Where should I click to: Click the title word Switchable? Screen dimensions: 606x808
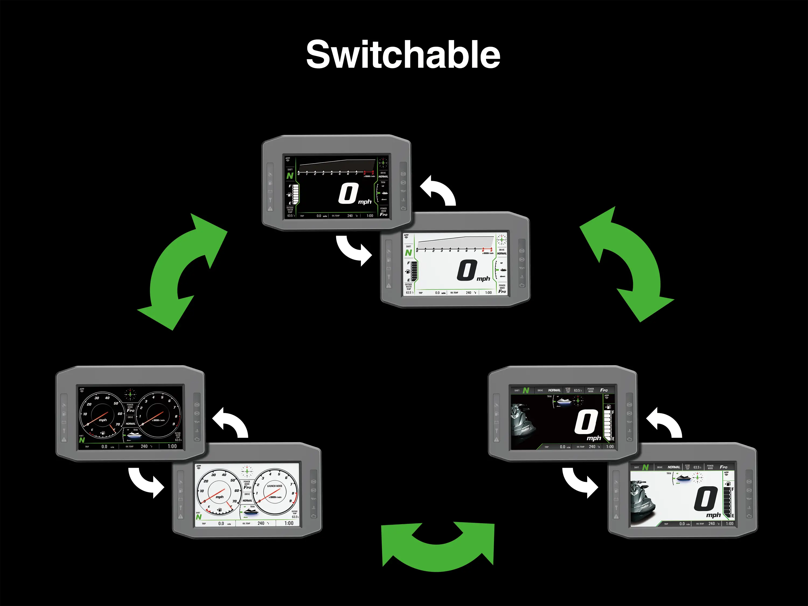pos(403,55)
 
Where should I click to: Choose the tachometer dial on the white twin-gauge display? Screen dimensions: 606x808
pos(275,492)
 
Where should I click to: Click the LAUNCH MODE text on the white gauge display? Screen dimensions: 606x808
pos(275,486)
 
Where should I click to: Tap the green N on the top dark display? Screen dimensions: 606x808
pos(290,176)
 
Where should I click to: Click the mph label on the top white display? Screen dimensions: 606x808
pos(483,279)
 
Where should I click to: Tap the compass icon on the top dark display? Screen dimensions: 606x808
pos(383,163)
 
